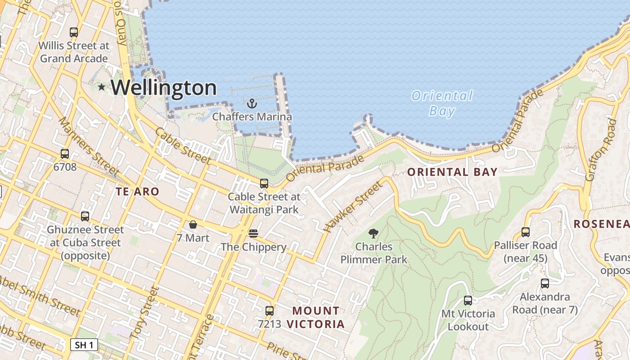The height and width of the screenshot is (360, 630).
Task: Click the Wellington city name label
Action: click(x=164, y=87)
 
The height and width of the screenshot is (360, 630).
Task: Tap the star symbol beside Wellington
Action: click(x=102, y=87)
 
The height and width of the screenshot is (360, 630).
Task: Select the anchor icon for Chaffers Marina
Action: click(x=252, y=103)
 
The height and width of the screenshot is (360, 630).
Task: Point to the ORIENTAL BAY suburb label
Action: click(x=452, y=172)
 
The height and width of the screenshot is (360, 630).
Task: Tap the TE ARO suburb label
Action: click(x=137, y=192)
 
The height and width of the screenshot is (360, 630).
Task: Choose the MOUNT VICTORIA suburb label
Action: click(x=316, y=317)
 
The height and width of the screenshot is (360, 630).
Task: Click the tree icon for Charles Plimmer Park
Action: click(x=373, y=233)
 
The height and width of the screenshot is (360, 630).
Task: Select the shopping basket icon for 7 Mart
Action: click(x=193, y=224)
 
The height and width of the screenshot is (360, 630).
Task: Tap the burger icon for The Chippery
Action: click(x=253, y=233)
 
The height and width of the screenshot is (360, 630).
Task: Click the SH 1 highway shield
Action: click(x=84, y=345)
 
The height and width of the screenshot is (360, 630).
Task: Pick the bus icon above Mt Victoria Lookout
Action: click(x=468, y=300)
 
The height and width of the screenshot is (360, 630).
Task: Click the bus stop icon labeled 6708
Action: click(x=65, y=153)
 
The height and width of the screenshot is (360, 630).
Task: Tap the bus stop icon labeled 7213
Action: click(x=269, y=310)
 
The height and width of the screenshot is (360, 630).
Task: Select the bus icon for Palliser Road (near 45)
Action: click(x=525, y=232)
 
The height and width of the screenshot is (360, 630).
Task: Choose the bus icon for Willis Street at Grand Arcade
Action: click(x=74, y=32)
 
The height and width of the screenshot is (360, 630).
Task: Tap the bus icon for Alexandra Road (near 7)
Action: click(x=544, y=283)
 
